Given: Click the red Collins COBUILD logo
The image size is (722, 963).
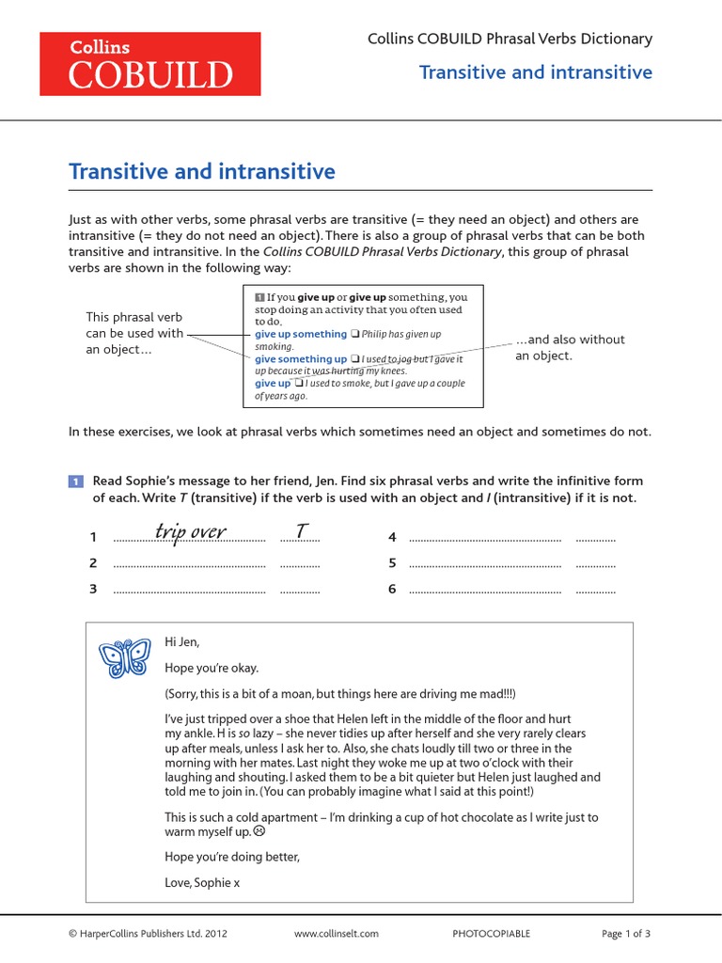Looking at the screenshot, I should pyautogui.click(x=149, y=63).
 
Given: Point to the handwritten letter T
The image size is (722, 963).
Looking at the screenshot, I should pyautogui.click(x=300, y=532).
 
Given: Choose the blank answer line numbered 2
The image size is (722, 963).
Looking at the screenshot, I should pyautogui.click(x=189, y=564).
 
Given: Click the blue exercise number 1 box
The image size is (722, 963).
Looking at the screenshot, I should pyautogui.click(x=76, y=481).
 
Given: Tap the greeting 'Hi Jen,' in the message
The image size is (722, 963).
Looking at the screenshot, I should pyautogui.click(x=182, y=641).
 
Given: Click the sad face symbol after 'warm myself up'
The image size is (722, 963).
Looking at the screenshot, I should pyautogui.click(x=259, y=831).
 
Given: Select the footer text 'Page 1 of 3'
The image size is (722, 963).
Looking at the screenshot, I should pyautogui.click(x=625, y=934).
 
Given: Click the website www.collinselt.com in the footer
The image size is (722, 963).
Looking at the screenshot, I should pyautogui.click(x=336, y=934).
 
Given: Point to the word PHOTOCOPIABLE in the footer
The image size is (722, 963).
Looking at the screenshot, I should pyautogui.click(x=491, y=934).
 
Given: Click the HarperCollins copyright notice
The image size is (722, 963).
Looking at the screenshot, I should pyautogui.click(x=148, y=934).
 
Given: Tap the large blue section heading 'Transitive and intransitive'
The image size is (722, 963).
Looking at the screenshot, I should pyautogui.click(x=202, y=171).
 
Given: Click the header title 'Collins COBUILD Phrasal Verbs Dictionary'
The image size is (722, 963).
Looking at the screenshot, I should pyautogui.click(x=509, y=39).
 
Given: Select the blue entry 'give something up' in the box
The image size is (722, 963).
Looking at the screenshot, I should pyautogui.click(x=301, y=358).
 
